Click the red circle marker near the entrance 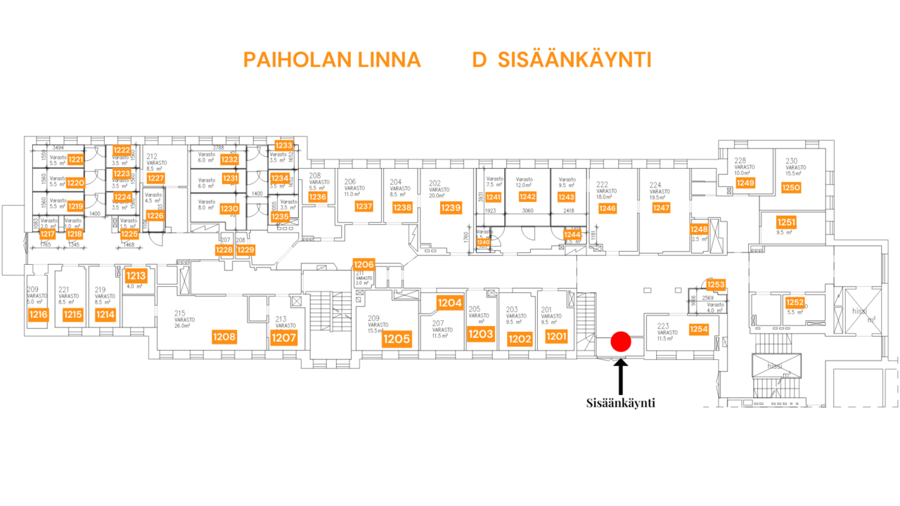tap(620, 342)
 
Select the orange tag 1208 tap(224, 337)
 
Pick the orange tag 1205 tap(397, 340)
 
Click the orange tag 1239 tap(451, 208)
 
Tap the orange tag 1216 tap(38, 315)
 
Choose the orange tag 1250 tap(791, 188)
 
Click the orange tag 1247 tap(661, 208)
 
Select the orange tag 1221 tap(76, 160)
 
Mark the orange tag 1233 tap(283, 145)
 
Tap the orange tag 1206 tap(364, 264)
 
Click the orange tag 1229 tap(245, 250)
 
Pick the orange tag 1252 tap(795, 303)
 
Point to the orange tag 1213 tap(136, 276)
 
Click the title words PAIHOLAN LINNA tap(332, 60)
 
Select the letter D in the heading tap(480, 60)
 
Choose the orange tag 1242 tap(527, 197)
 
